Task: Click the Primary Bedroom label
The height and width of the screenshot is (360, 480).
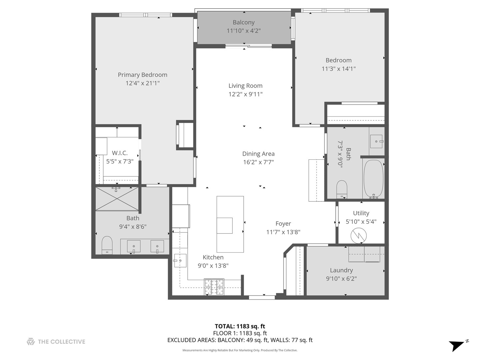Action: point(142,75)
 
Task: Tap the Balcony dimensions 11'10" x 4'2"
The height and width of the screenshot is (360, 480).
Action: point(243,31)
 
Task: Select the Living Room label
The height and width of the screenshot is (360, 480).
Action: point(245,86)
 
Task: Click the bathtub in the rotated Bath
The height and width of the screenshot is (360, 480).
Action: point(374,179)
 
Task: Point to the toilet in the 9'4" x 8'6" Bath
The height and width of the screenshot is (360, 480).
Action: point(107,245)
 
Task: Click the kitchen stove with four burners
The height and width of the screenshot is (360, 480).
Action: point(214,287)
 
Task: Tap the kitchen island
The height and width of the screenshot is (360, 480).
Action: point(230,224)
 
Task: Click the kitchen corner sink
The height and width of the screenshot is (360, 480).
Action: point(180,260)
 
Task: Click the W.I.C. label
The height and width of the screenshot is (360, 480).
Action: point(120,153)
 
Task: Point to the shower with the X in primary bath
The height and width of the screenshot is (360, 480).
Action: point(117,199)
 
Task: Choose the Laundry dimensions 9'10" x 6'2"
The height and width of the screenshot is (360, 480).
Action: point(341,279)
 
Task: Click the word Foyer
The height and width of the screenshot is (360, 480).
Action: point(283,224)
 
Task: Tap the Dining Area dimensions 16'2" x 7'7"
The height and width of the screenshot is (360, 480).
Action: point(258,162)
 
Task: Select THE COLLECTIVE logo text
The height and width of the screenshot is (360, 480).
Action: point(61,342)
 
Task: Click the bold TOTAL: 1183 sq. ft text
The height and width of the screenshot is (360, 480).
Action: point(240,326)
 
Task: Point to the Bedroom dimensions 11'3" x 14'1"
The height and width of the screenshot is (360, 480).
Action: point(338,69)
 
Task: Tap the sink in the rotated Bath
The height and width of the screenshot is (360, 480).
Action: point(377,141)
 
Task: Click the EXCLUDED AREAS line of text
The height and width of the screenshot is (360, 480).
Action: point(240,340)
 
